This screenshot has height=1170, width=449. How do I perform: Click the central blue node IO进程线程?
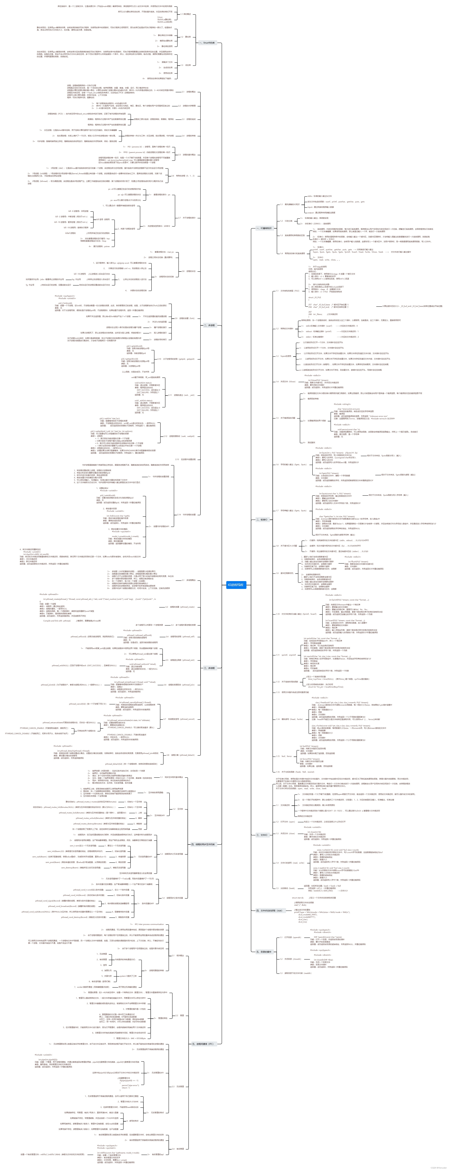pyautogui.click(x=236, y=585)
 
